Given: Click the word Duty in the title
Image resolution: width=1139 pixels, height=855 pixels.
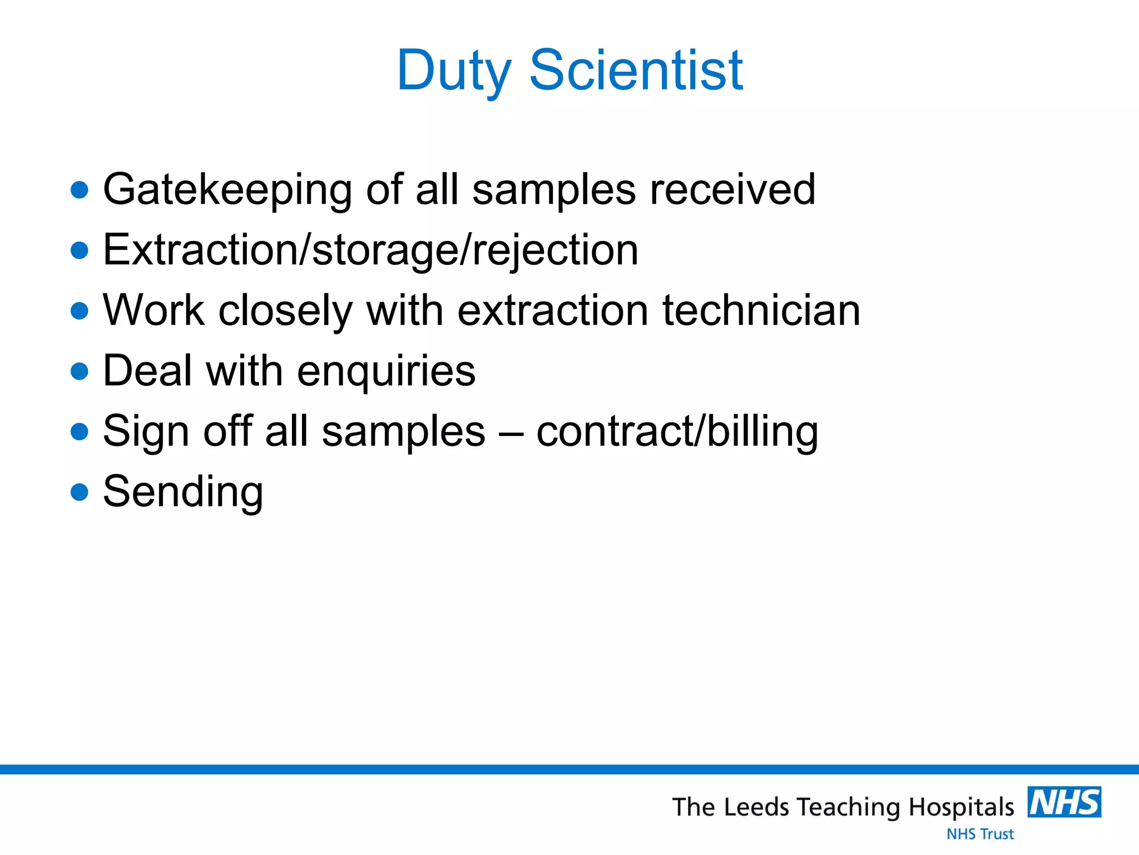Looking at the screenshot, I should tap(453, 71).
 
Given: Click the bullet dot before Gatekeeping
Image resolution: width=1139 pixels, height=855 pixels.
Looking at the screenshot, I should tap(80, 190).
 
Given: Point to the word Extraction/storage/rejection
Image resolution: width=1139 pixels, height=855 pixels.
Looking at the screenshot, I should tap(370, 250).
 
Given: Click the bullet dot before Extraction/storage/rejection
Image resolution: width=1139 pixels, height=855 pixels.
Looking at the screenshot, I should tap(80, 250).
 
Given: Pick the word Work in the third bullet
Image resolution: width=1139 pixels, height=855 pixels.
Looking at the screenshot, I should tap(153, 310).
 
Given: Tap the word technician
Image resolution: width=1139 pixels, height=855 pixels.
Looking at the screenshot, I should tap(761, 310).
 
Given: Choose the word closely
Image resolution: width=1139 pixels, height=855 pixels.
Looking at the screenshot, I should tap(285, 311).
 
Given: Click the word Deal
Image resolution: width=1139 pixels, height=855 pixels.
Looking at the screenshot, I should tap(147, 371).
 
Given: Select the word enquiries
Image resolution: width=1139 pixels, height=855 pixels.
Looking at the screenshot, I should tap(386, 372).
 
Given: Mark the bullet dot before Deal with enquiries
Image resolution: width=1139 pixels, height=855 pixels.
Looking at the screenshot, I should tap(80, 371).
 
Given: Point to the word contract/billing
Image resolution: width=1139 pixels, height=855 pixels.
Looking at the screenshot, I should tap(677, 432).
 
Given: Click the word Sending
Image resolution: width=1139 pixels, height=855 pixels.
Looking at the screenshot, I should tap(183, 493).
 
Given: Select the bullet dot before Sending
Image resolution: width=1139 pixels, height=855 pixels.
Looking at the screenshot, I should tap(80, 492).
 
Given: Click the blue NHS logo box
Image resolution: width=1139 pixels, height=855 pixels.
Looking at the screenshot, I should tap(1064, 802).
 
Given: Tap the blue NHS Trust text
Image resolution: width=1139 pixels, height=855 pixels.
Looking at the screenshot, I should tap(980, 834).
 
